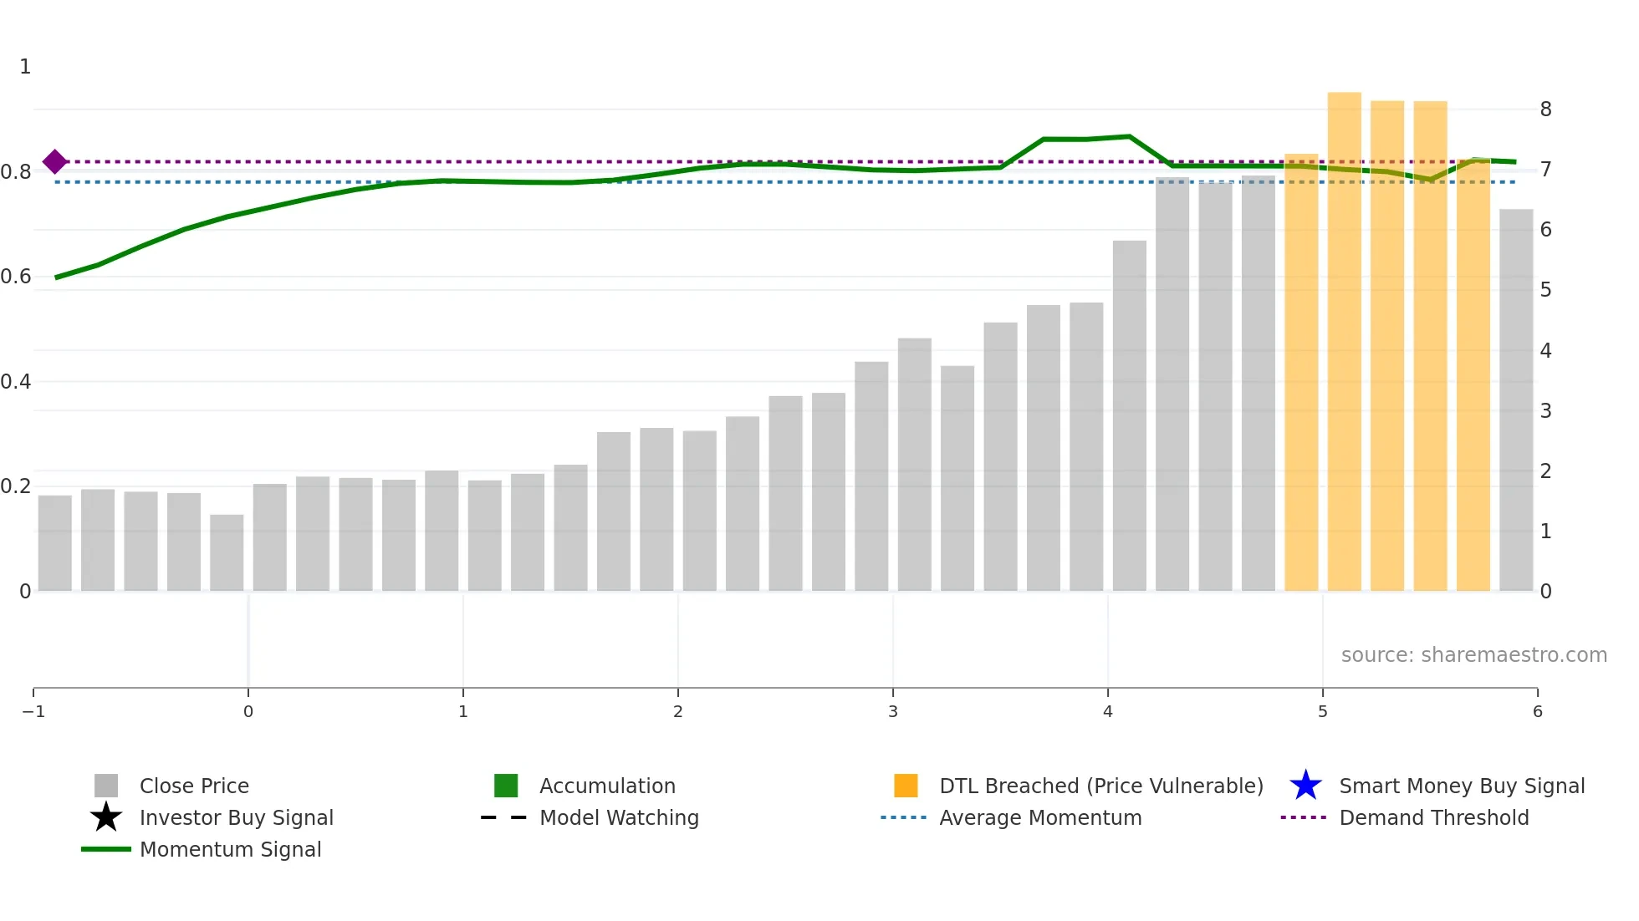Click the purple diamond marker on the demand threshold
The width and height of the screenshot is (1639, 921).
(x=55, y=161)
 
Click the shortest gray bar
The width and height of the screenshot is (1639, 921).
(x=227, y=552)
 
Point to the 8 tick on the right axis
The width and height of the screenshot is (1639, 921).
(x=1545, y=109)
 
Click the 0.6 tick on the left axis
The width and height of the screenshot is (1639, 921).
(x=17, y=277)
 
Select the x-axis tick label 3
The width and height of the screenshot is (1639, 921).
(x=893, y=712)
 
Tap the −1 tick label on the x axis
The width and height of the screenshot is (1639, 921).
(x=33, y=712)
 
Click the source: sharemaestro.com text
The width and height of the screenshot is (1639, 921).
(x=1473, y=655)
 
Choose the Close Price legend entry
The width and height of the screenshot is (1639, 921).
(x=194, y=786)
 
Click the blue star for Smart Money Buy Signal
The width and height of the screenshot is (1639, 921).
(x=1305, y=786)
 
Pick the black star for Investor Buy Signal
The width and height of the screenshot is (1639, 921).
(x=106, y=817)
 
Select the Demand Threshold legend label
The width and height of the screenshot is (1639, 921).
(x=1433, y=818)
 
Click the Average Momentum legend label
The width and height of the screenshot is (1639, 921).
(x=1040, y=818)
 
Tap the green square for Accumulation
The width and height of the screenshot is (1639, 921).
(x=506, y=786)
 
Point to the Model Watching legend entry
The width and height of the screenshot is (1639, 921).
(x=619, y=818)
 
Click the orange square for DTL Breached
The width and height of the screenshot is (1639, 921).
(x=906, y=786)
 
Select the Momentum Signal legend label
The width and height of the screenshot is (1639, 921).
(x=230, y=850)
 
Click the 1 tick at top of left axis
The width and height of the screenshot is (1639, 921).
(x=25, y=67)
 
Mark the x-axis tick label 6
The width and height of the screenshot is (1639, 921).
(x=1537, y=712)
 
